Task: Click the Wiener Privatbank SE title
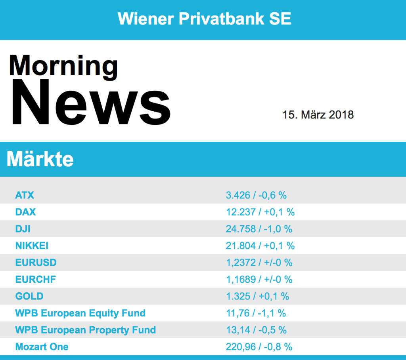pos(204,19)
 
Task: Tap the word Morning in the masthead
pos(63,66)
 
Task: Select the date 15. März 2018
pos(318,115)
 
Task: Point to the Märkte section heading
pos(40,159)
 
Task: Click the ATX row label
pos(25,195)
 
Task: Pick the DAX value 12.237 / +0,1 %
pos(260,212)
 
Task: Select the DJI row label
pos(23,229)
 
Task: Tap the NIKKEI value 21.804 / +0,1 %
pos(260,246)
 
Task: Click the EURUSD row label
pos(36,263)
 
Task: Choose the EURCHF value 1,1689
pos(241,279)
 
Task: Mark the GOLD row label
pos(29,296)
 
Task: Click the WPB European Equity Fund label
pos(80,313)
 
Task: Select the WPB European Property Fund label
pos(85,330)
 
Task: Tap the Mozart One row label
pos(42,347)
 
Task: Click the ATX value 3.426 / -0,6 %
pos(256,195)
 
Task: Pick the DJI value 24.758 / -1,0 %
pos(259,229)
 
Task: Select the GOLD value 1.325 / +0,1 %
pos(257,296)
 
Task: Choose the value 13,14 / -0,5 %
pos(256,330)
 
